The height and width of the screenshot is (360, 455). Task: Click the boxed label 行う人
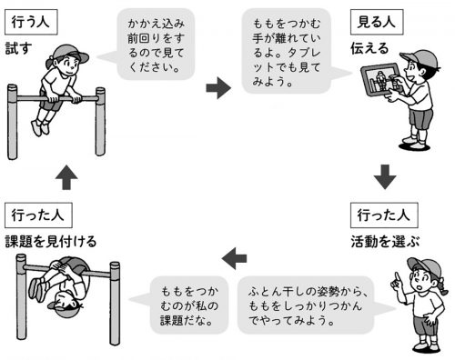(x=31, y=22)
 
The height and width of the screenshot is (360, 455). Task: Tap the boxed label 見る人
(x=377, y=22)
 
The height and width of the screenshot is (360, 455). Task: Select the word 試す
(x=19, y=48)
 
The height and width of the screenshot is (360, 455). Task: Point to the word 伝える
(x=369, y=48)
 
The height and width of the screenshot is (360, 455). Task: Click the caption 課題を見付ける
(x=51, y=242)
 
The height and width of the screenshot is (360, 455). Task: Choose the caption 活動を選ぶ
(x=385, y=242)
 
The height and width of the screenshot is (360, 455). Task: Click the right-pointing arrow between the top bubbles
(x=218, y=88)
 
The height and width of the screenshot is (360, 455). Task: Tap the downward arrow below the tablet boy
(x=385, y=177)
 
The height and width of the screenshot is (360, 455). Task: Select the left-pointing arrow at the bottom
(x=234, y=258)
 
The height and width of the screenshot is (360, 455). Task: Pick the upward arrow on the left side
(x=66, y=177)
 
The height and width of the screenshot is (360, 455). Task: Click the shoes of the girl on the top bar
(x=40, y=127)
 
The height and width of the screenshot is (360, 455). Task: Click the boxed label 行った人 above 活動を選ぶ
(x=384, y=215)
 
